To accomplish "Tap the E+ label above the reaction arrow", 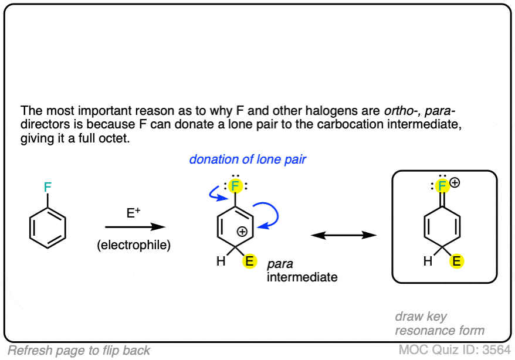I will pos(133,213).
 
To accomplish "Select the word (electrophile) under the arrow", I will pos(134,245).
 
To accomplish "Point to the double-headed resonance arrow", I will pos(343,235).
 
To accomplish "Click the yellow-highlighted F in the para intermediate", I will pos(235,186).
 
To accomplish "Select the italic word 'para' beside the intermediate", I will pos(280,265).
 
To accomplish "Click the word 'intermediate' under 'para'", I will pos(302,277).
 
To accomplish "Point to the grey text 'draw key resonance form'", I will pos(440,323).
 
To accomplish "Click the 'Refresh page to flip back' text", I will pos(79,351).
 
